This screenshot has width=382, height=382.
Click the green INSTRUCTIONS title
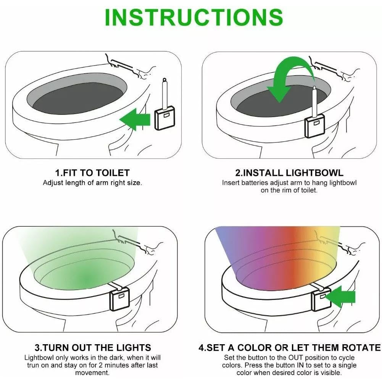[x=193, y=17]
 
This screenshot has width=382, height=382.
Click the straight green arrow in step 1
[x=135, y=120]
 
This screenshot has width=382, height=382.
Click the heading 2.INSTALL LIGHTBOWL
[x=289, y=173]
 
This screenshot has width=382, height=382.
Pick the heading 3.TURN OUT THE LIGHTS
[x=93, y=348]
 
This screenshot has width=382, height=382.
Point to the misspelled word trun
[x=34, y=365]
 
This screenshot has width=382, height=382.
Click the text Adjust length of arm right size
[x=92, y=183]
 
